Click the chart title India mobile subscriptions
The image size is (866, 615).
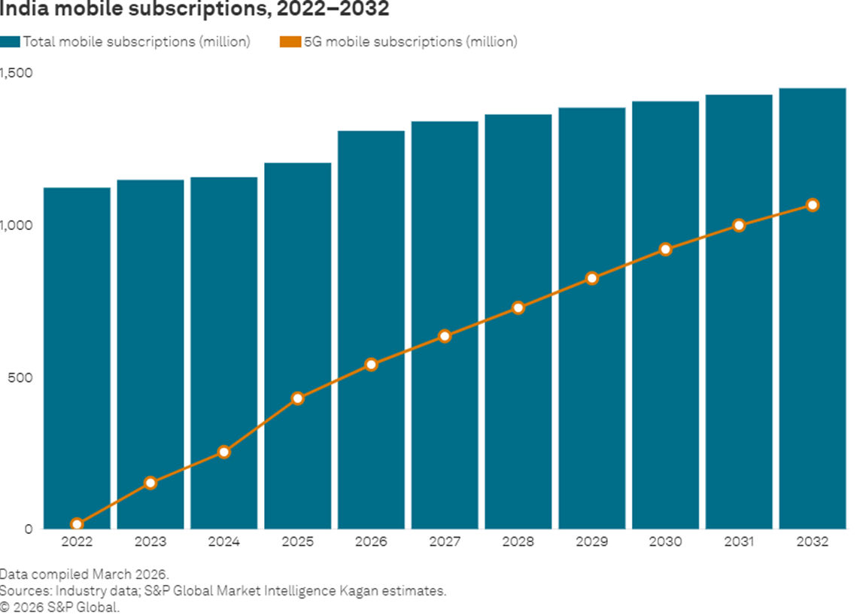click(195, 10)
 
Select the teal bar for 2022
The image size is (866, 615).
click(77, 357)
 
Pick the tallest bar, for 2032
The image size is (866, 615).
click(813, 308)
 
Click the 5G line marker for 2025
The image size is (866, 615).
click(297, 398)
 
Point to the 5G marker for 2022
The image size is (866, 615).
click(77, 524)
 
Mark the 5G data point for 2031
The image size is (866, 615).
click(739, 225)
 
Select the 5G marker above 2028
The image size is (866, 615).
click(518, 307)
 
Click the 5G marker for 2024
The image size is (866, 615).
click(223, 452)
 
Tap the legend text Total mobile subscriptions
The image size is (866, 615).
click(136, 42)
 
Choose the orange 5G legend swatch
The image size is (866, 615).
click(290, 42)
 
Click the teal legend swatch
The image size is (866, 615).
click(10, 42)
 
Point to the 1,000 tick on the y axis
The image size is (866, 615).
click(17, 225)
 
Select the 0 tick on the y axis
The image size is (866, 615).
click(28, 529)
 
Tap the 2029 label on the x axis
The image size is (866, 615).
click(592, 542)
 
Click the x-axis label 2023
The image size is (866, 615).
click(150, 542)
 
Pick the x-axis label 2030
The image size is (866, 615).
click(665, 542)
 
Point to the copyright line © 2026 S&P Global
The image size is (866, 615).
click(59, 607)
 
